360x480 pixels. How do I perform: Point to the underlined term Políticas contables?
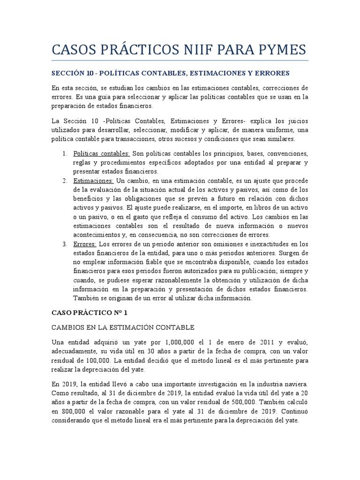tap(102, 154)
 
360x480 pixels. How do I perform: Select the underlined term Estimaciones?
tap(93, 180)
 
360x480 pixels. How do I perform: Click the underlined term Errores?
tap(85, 244)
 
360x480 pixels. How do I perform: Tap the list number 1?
tap(65, 154)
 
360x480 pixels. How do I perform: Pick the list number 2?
tap(65, 180)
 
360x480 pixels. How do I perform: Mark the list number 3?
tap(65, 244)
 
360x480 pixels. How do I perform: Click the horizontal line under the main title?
tap(180, 60)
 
